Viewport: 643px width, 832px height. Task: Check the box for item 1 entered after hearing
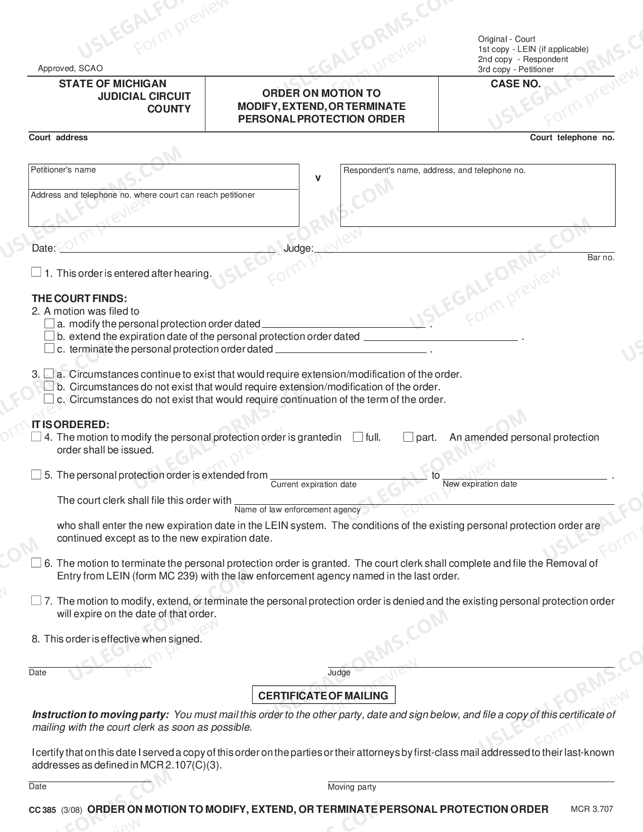coord(36,272)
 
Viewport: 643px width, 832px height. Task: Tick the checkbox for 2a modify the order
coord(49,323)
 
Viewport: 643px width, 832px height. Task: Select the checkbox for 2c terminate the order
coord(49,348)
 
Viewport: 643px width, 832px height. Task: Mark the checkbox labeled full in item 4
coord(358,437)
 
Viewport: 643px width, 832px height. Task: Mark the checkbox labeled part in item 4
coord(408,437)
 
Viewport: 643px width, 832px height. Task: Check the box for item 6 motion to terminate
coord(36,563)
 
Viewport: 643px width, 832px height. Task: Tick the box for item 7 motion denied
coord(36,601)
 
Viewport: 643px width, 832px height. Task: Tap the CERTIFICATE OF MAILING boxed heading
coord(323,695)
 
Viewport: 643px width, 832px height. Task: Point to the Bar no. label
coord(601,258)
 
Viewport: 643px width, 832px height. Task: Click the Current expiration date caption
coord(313,485)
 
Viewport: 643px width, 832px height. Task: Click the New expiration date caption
coord(480,484)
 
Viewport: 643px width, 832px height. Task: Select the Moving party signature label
coord(352,787)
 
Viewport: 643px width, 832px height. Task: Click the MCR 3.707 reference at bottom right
coord(592,809)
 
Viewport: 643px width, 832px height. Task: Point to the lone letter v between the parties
coord(318,178)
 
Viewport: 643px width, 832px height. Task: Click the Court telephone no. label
coord(572,138)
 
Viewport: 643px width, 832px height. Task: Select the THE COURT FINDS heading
coord(79,299)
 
